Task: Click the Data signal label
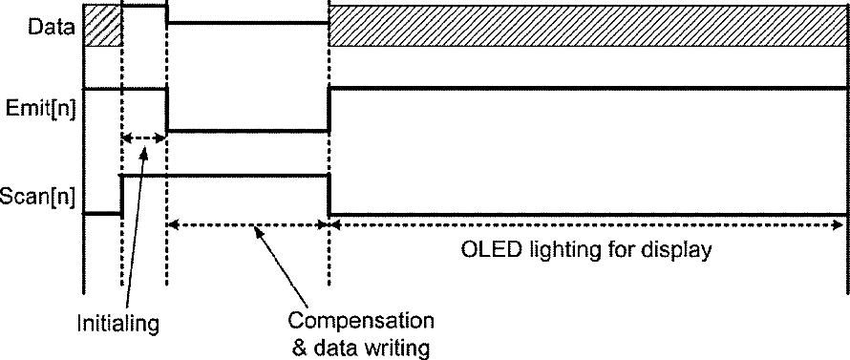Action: [51, 27]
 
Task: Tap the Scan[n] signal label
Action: [37, 195]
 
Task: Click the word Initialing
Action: [118, 324]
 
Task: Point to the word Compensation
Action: [360, 320]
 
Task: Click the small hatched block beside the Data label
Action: [102, 26]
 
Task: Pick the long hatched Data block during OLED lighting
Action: [588, 26]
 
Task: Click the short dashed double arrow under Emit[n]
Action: [143, 138]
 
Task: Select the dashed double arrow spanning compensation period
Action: [247, 224]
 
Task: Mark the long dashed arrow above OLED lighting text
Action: [587, 224]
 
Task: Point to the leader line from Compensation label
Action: [281, 267]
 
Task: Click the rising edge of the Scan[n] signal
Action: [121, 195]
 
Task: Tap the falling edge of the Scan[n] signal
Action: [329, 195]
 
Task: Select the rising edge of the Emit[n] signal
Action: [329, 109]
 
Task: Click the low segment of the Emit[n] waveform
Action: [247, 131]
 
